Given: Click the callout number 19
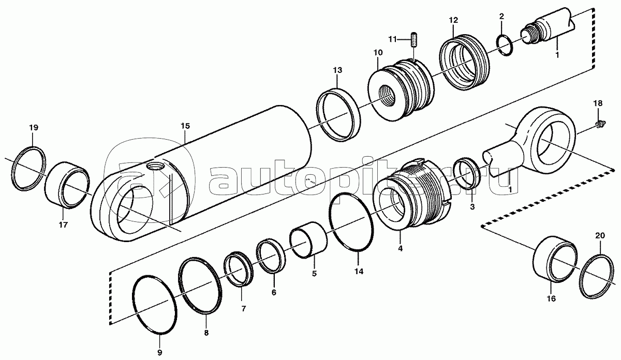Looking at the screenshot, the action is click(x=34, y=128).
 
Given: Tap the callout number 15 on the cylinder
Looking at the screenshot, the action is click(x=185, y=126).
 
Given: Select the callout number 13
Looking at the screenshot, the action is click(x=337, y=70).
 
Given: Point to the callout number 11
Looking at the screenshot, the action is click(x=393, y=39).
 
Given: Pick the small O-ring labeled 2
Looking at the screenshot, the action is click(x=504, y=45).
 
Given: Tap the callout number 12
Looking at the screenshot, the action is click(x=454, y=20).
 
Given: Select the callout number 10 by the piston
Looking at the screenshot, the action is click(x=378, y=52).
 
